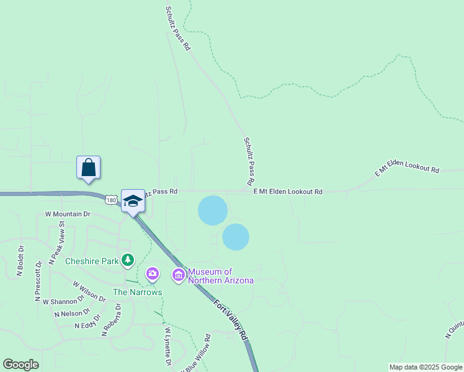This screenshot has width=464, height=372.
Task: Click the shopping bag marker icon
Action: point(89,167)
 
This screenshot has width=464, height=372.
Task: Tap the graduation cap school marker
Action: point(133,201)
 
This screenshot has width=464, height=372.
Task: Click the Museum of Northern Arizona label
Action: point(220,276)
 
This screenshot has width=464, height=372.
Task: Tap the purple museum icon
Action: point(179,274)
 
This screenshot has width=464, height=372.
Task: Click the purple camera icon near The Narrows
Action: point(153,273)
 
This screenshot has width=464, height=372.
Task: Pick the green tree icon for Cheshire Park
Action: point(128,260)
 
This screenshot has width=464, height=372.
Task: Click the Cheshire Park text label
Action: point(92,261)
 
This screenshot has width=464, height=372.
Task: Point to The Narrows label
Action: point(137,292)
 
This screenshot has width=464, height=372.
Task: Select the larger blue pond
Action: point(212,210)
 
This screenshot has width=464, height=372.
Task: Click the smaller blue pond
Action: point(236,237)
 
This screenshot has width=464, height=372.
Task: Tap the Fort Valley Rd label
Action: point(231,319)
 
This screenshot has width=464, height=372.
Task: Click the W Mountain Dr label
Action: point(68,214)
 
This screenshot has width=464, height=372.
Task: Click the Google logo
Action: point(21,365)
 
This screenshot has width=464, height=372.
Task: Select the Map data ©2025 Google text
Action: point(425,367)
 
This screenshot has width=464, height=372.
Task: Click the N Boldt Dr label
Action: point(20,261)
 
